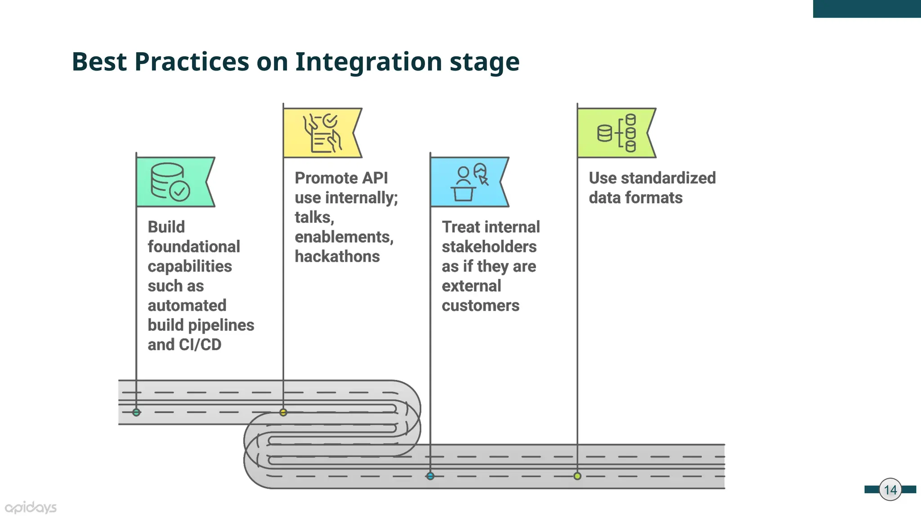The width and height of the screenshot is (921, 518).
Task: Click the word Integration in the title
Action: pyautogui.click(x=368, y=62)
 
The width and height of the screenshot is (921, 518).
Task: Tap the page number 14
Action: pyautogui.click(x=890, y=490)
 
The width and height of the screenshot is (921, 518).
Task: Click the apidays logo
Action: pyautogui.click(x=31, y=508)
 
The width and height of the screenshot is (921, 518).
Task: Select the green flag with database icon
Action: pyautogui.click(x=173, y=182)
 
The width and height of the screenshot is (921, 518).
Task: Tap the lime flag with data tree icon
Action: pyautogui.click(x=614, y=133)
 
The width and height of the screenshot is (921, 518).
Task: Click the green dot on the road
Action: pyautogui.click(x=136, y=412)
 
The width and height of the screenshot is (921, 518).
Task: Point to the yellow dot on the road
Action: pyautogui.click(x=283, y=412)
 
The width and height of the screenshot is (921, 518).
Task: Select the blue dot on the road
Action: pyautogui.click(x=430, y=476)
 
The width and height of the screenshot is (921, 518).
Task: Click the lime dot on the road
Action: pyautogui.click(x=577, y=476)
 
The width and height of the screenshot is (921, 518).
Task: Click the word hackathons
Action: pyautogui.click(x=337, y=256)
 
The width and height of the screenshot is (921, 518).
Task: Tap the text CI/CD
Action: pyautogui.click(x=200, y=344)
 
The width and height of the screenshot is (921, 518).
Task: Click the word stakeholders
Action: pyautogui.click(x=489, y=246)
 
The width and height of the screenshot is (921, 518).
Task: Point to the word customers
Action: pyautogui.click(x=480, y=306)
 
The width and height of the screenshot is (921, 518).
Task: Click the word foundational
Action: pyautogui.click(x=194, y=246)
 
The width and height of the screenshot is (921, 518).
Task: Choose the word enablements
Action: pyautogui.click(x=344, y=237)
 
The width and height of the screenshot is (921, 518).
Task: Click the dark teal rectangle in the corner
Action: pyautogui.click(x=867, y=9)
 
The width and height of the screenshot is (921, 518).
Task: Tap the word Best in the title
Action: pyautogui.click(x=99, y=62)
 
